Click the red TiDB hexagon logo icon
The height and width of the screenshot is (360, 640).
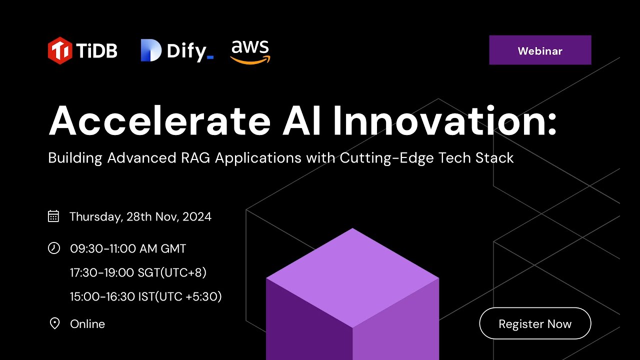[59, 50]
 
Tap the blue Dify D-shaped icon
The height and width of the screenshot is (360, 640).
[151, 50]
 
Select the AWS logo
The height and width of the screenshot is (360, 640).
[250, 52]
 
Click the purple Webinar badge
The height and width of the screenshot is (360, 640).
[540, 50]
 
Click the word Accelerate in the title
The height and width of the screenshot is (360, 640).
[159, 120]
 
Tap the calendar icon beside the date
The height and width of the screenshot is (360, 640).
[53, 216]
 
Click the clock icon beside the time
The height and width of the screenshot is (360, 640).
[53, 248]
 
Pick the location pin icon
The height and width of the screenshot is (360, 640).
[54, 323]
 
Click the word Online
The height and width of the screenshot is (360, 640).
[87, 324]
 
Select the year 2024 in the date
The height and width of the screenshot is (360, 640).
[197, 216]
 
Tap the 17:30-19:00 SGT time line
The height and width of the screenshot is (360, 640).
[138, 272]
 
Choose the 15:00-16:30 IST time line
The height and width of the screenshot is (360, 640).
[145, 296]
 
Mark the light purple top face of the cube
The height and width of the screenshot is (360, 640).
[352, 277]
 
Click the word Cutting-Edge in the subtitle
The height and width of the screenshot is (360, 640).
[386, 158]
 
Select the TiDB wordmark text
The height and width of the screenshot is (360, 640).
[96, 51]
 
